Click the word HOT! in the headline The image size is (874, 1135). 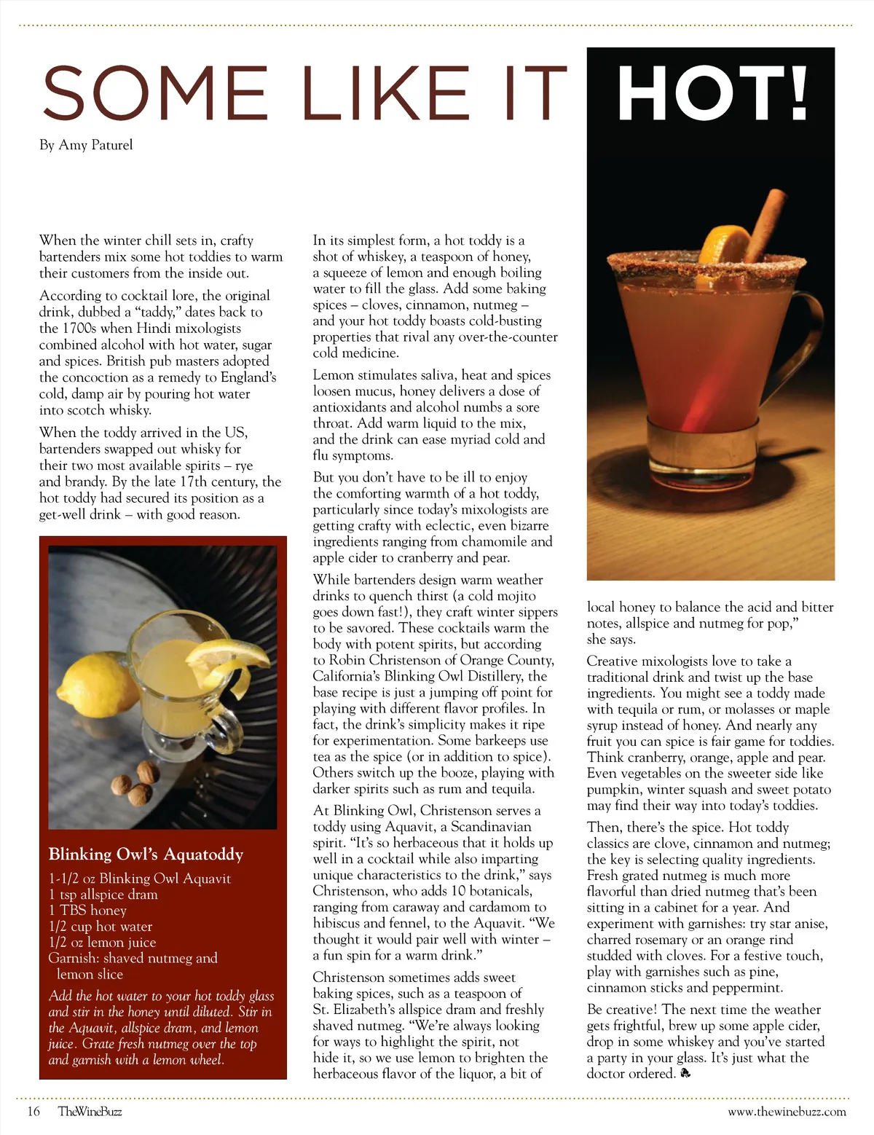tap(712, 93)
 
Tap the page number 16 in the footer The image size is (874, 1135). tap(34, 1111)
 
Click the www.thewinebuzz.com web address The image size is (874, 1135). tap(787, 1111)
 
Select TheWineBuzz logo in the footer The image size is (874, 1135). tap(90, 1111)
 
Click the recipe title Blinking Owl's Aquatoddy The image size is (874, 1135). tap(146, 854)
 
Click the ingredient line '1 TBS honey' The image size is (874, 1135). tap(87, 911)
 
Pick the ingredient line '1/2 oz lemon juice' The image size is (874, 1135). tap(102, 942)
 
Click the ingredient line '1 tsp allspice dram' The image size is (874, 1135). tap(103, 895)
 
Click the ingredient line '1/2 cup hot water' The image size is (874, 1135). tap(101, 927)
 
